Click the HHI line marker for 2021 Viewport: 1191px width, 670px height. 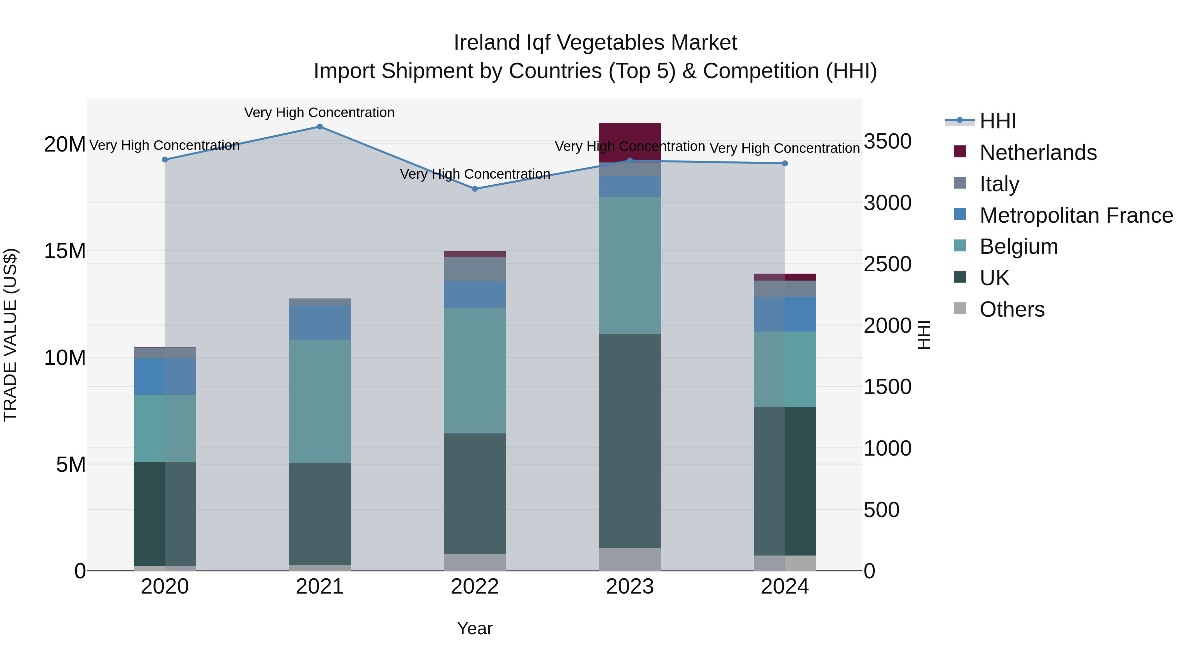click(320, 127)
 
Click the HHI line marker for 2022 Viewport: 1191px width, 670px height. click(475, 189)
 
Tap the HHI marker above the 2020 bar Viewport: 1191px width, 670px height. click(165, 159)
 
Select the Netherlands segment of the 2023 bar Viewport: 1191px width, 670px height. click(630, 141)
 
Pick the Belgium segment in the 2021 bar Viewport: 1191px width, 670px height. click(320, 401)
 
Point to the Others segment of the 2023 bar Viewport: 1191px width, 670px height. click(630, 559)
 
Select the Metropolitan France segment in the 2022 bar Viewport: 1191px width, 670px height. click(475, 294)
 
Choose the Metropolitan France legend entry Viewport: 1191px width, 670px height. click(1076, 215)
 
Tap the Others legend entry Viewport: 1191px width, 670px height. click(1012, 309)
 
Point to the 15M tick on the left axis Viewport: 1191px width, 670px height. click(65, 251)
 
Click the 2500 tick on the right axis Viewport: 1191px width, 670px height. click(887, 264)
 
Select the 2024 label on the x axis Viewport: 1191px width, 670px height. click(785, 587)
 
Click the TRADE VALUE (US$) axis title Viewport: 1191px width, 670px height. click(10, 335)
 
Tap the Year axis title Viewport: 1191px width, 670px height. click(475, 628)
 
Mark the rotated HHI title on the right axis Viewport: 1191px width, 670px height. click(923, 335)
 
